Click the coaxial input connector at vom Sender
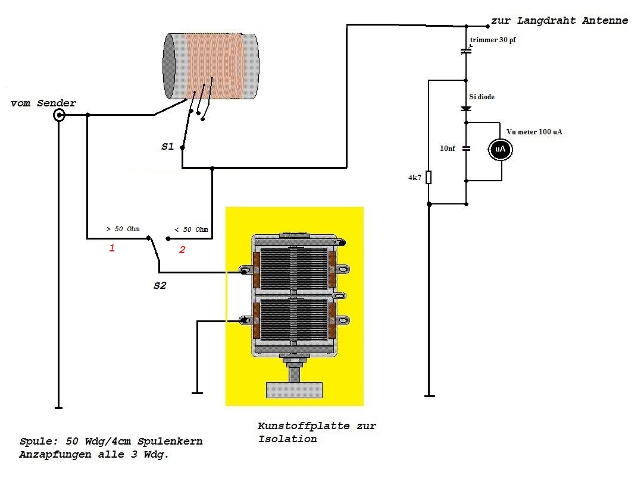click(59, 115)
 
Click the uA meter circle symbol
click(501, 150)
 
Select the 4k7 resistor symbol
click(429, 178)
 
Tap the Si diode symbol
click(466, 108)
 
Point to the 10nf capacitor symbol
click(466, 149)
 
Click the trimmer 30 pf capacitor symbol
click(466, 51)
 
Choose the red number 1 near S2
click(111, 248)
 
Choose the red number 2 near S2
click(182, 250)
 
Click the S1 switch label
click(167, 146)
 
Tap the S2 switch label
click(160, 286)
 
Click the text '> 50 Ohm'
click(123, 229)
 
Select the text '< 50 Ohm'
click(191, 229)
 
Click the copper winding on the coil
click(214, 65)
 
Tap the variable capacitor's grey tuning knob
click(294, 390)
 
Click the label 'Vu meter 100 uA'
click(534, 132)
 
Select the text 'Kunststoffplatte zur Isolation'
click(317, 433)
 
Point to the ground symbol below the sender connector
click(58, 408)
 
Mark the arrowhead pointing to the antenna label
click(487, 26)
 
